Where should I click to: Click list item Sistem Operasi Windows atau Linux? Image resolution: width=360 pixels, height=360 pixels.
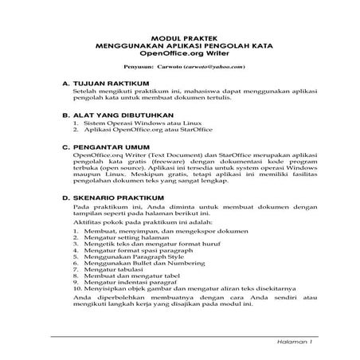(x=135, y=124)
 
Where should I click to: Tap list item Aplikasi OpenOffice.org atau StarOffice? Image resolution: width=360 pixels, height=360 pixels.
(x=143, y=131)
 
